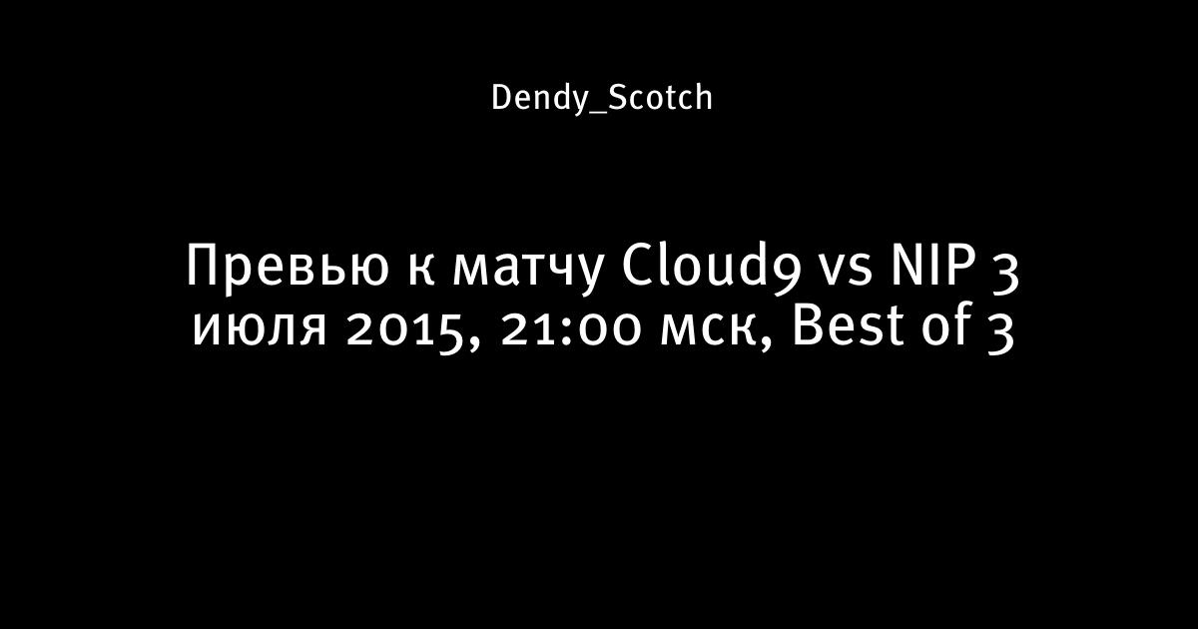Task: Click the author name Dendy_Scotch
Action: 602,99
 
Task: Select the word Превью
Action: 288,267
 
